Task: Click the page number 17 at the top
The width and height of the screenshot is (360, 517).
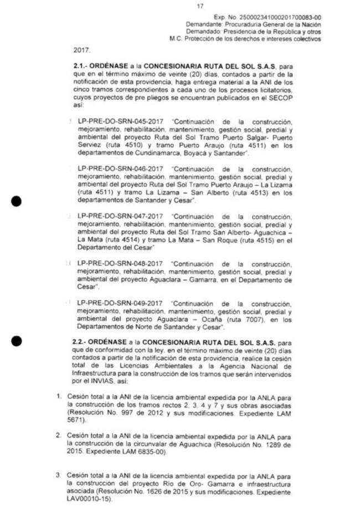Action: click(200, 6)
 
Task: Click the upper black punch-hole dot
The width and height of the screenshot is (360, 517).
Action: click(17, 201)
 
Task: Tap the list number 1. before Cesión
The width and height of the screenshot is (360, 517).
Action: click(59, 397)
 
